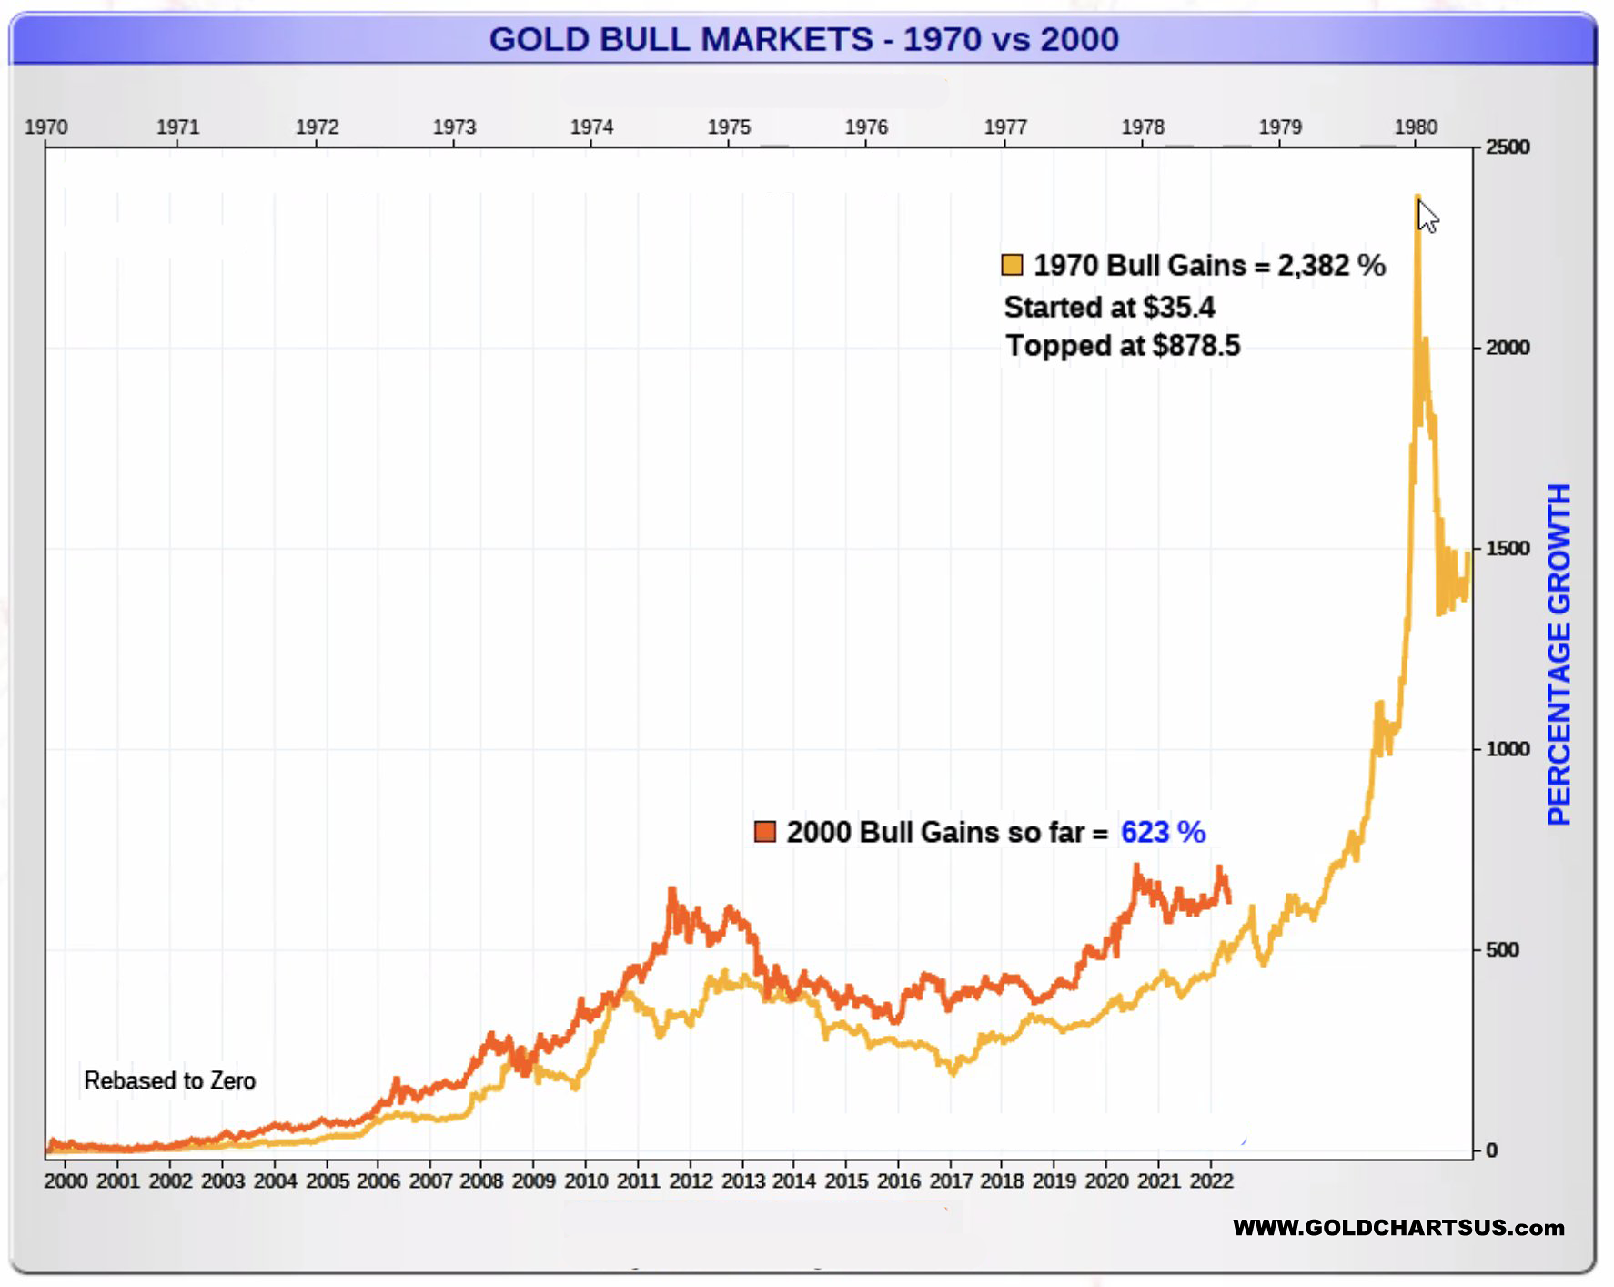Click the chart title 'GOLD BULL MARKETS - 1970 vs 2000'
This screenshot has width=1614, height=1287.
tap(803, 39)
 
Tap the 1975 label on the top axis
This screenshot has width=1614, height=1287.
tap(729, 127)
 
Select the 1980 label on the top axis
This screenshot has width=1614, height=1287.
tap(1416, 127)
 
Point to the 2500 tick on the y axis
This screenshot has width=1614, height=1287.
tap(1508, 147)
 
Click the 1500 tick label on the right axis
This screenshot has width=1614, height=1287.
tap(1508, 549)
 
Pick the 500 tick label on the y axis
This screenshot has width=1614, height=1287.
tap(1502, 950)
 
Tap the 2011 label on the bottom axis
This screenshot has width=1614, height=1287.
tap(638, 1181)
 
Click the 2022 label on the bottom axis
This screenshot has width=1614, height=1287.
tap(1210, 1181)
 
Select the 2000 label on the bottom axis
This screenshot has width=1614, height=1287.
tap(66, 1181)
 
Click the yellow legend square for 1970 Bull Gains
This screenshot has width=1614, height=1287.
tap(1012, 265)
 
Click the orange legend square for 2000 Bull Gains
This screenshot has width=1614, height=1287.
tap(765, 832)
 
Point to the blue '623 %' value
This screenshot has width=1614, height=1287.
tap(1163, 832)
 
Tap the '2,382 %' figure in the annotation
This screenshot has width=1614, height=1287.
tap(1331, 266)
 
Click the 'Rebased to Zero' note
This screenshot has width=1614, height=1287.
tap(169, 1081)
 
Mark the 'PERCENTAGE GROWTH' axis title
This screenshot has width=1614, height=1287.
tap(1559, 655)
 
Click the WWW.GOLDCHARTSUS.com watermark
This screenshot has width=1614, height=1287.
tap(1398, 1228)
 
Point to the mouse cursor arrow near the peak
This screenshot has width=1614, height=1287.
tap(1427, 217)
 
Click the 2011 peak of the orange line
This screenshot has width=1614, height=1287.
tap(672, 890)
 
